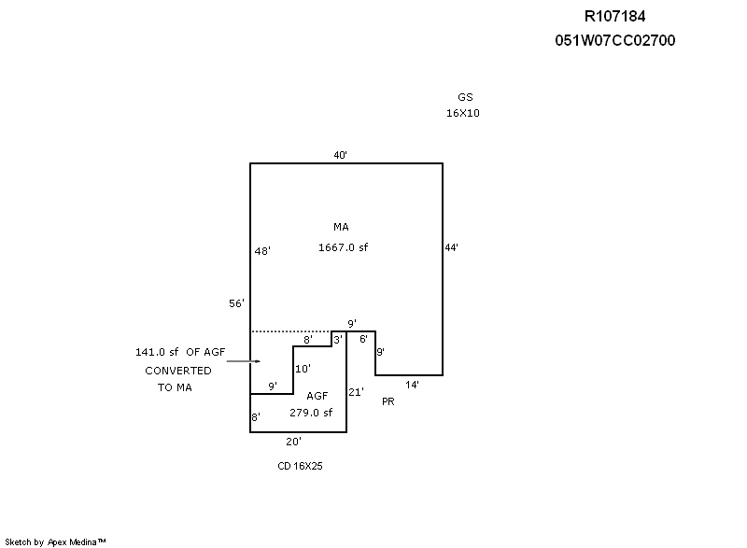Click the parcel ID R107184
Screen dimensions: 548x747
click(x=614, y=16)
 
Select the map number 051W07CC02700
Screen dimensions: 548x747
click(x=614, y=40)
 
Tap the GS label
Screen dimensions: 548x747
click(x=464, y=97)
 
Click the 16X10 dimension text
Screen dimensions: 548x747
click(x=463, y=113)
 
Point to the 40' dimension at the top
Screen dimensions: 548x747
click(x=341, y=155)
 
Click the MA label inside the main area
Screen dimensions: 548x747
click(x=341, y=227)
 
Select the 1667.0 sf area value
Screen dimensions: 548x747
click(x=344, y=247)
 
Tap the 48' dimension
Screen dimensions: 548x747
click(x=262, y=251)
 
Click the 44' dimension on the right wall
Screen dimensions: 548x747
click(x=451, y=247)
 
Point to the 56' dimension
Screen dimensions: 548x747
click(x=236, y=303)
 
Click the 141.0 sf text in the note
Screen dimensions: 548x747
click(x=157, y=352)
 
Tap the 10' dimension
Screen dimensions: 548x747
click(x=303, y=369)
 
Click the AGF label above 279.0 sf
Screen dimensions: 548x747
click(x=317, y=396)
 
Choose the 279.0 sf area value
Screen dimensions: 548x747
click(x=311, y=412)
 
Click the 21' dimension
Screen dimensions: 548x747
click(x=356, y=392)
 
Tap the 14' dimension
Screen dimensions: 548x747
click(x=411, y=384)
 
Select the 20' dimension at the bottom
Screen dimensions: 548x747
click(x=294, y=441)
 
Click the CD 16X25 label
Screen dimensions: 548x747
click(x=300, y=464)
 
